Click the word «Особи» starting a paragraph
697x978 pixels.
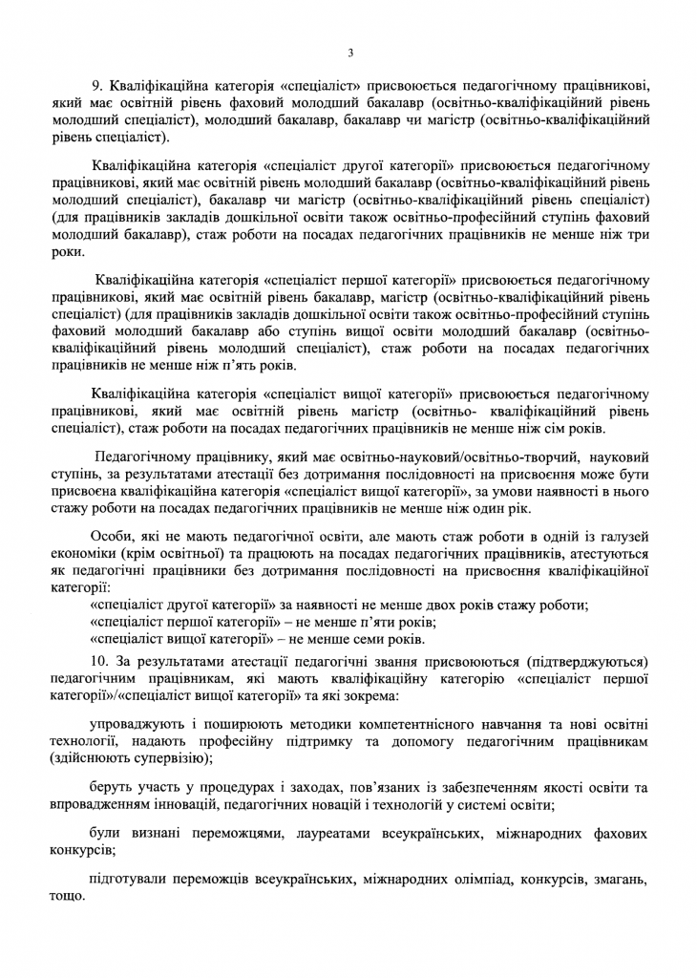click(110, 535)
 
